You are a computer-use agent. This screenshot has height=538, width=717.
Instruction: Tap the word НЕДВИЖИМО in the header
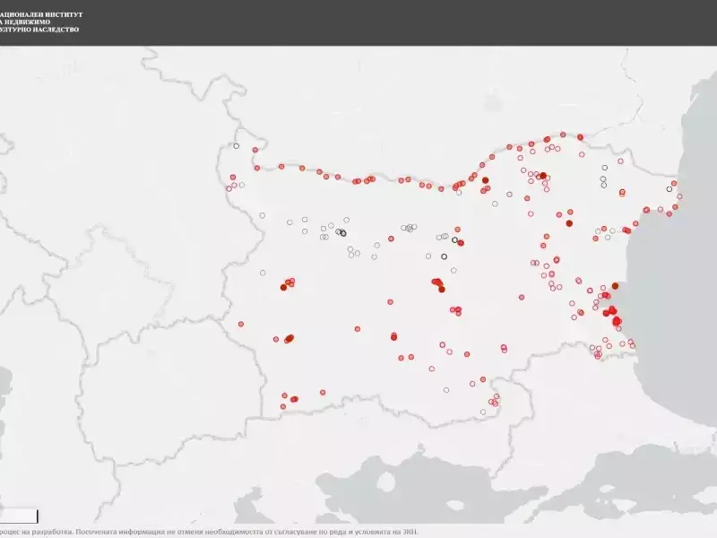[x=30, y=22]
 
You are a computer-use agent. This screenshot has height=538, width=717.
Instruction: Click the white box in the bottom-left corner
[x=18, y=516]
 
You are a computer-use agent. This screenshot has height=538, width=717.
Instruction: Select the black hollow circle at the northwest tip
[x=237, y=146]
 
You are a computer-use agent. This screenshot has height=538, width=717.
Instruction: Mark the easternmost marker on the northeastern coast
[x=678, y=195]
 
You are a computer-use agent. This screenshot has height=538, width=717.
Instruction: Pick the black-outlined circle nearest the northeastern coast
[x=669, y=189]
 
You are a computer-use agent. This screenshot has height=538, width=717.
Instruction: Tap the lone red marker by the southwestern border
[x=241, y=324]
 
